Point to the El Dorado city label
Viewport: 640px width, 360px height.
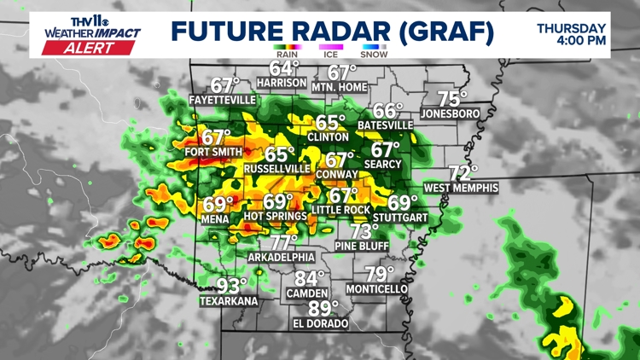320,323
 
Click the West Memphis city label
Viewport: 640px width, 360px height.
461,187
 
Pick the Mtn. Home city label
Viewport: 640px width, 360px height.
339,87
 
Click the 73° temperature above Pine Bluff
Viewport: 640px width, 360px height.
364,231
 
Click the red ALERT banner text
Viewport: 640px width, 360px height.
91,48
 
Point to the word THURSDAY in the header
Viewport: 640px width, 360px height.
571,27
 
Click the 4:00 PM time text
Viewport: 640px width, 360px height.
583,40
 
